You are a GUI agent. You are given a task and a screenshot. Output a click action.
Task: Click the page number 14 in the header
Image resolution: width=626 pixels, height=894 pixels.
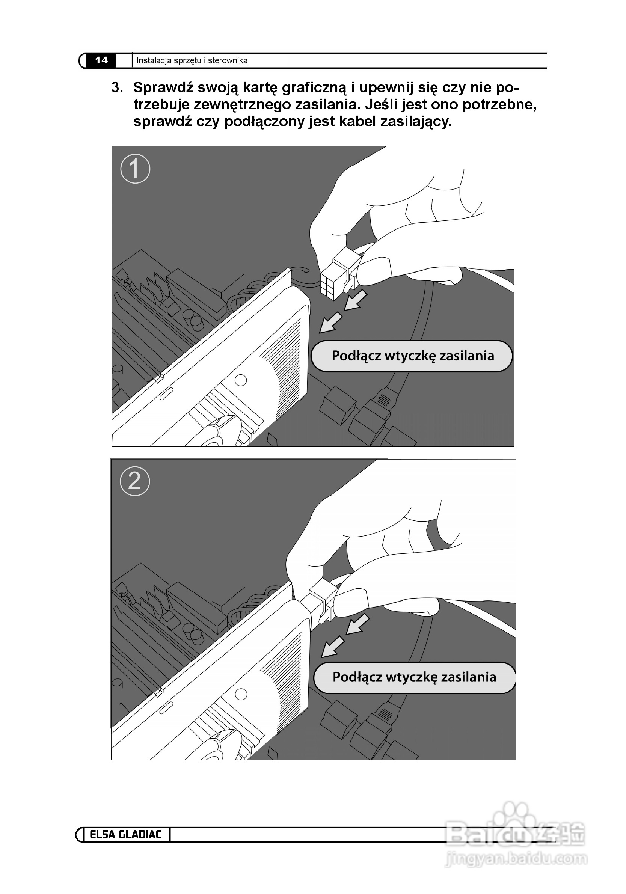click(101, 60)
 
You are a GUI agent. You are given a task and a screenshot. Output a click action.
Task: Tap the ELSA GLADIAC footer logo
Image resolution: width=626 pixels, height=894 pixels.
click(125, 834)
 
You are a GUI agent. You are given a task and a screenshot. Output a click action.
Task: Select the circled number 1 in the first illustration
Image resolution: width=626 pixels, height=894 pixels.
click(135, 169)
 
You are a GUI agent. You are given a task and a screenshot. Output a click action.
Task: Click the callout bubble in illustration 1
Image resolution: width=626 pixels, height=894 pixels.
click(411, 356)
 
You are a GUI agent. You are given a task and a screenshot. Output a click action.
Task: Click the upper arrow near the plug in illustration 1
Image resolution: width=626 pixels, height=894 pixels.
click(355, 301)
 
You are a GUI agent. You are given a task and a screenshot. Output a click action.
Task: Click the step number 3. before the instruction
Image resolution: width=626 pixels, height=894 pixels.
click(117, 87)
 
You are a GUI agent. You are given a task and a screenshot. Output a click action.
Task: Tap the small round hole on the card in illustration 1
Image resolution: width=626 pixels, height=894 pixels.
click(241, 380)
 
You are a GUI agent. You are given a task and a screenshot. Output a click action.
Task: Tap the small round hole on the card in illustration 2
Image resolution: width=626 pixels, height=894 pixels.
click(241, 694)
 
